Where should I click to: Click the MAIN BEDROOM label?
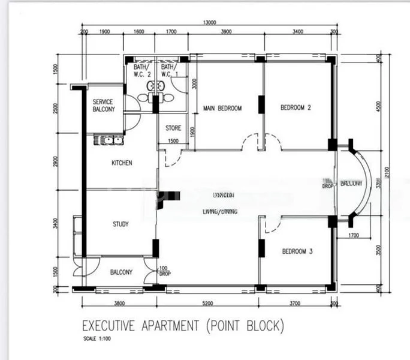[x=222, y=109]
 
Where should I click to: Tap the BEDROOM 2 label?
[x=296, y=108]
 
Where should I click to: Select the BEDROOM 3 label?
[x=297, y=251]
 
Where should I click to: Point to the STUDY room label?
[x=120, y=224]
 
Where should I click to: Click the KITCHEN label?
[x=122, y=163]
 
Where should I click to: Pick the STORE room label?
[x=173, y=128]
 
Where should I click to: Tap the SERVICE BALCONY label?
[x=104, y=106]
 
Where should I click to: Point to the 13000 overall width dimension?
[x=210, y=23]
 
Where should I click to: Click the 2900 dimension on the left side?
[x=55, y=161]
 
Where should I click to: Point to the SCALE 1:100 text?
[x=97, y=339]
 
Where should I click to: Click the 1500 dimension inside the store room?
[x=173, y=141]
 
